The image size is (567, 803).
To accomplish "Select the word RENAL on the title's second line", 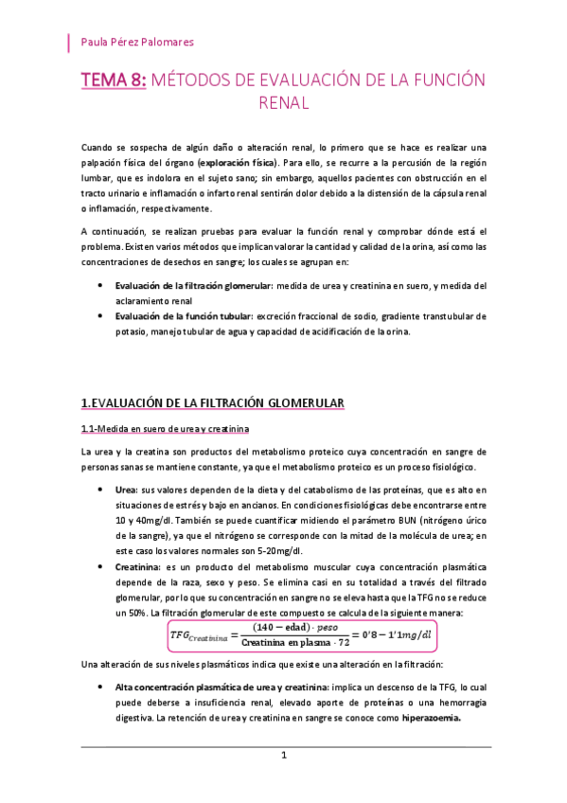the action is [x=284, y=103].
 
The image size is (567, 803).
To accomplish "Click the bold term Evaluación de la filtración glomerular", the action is [x=192, y=285].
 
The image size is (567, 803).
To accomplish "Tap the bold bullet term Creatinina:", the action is [x=139, y=564].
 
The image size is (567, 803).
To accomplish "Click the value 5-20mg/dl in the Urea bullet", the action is [x=275, y=549].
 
